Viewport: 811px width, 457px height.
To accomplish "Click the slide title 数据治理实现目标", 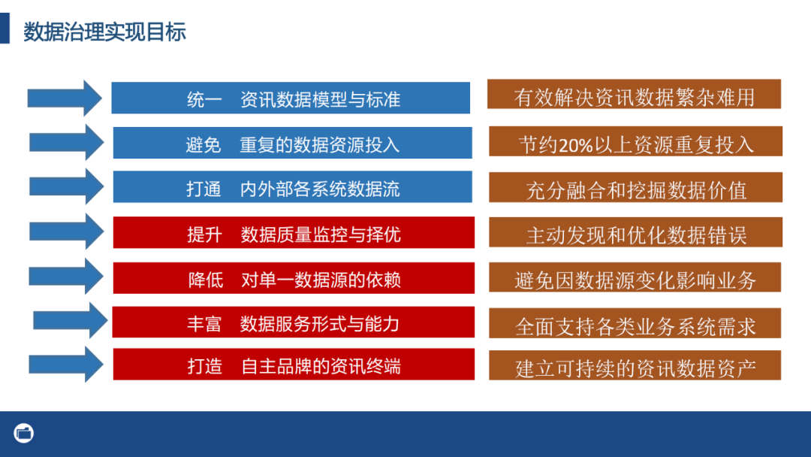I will pyautogui.click(x=104, y=32).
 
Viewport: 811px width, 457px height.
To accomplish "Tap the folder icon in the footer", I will pyautogui.click(x=24, y=433).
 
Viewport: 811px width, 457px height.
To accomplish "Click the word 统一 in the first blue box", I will pyautogui.click(x=204, y=99).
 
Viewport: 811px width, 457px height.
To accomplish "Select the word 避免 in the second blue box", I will pyautogui.click(x=204, y=144).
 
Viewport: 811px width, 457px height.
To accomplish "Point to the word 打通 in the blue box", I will pyautogui.click(x=204, y=189).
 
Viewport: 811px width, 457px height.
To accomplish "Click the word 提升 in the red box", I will pyautogui.click(x=204, y=234).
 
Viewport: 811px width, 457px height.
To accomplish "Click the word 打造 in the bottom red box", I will pyautogui.click(x=204, y=366).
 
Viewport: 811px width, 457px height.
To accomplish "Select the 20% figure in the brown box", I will pyautogui.click(x=575, y=144).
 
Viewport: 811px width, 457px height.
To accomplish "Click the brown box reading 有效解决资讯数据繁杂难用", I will pyautogui.click(x=634, y=96).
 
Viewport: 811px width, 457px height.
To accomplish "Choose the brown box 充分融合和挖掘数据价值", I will pyautogui.click(x=635, y=189).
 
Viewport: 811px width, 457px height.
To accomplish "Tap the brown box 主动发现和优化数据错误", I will pyautogui.click(x=635, y=235).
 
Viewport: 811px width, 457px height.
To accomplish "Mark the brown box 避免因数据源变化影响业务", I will pyautogui.click(x=635, y=280).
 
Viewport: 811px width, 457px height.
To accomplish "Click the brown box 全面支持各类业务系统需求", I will pyautogui.click(x=635, y=325).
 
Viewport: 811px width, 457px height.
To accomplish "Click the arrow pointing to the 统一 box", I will pyautogui.click(x=65, y=98).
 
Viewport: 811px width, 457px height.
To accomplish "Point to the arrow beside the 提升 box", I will pyautogui.click(x=66, y=232).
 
